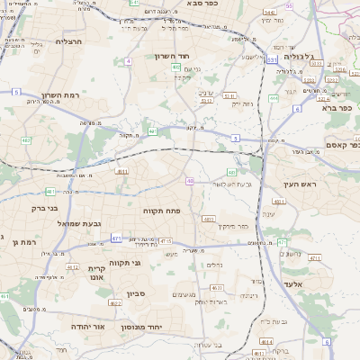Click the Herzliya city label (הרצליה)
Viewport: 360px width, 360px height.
tap(69, 41)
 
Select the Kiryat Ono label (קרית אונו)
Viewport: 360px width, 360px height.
tap(98, 272)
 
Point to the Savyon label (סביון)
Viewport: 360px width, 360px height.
tap(136, 293)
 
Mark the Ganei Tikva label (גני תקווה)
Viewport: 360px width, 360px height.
tap(131, 263)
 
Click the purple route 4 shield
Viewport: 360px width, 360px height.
tap(129, 61)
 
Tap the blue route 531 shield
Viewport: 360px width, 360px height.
tap(271, 59)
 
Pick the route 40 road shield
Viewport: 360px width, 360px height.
tap(190, 181)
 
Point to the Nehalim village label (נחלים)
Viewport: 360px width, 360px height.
tap(215, 265)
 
